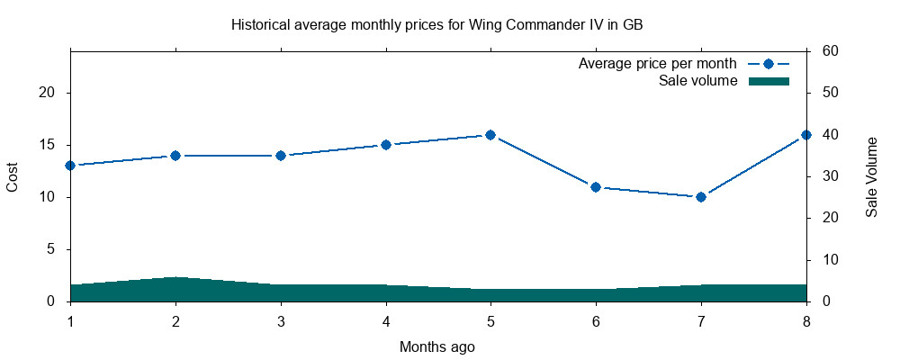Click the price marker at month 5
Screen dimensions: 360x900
point(490,135)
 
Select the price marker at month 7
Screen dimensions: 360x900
point(701,197)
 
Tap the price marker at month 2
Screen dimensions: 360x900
point(175,156)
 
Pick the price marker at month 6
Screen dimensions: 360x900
point(596,187)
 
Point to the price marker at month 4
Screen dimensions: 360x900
point(386,145)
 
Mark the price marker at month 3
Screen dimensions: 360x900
point(281,156)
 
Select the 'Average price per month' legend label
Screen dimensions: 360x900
point(658,64)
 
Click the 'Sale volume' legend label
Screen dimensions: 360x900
point(698,81)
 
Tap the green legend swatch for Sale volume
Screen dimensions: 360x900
point(769,81)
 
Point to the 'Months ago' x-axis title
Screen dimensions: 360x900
point(437,346)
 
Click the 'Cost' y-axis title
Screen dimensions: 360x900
point(13,176)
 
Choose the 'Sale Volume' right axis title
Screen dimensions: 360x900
point(871,176)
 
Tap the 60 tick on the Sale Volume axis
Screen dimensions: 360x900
point(831,51)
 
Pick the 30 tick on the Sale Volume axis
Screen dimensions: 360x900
point(831,176)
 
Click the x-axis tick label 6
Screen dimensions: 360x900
point(596,321)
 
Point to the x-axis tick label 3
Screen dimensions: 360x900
point(281,321)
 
